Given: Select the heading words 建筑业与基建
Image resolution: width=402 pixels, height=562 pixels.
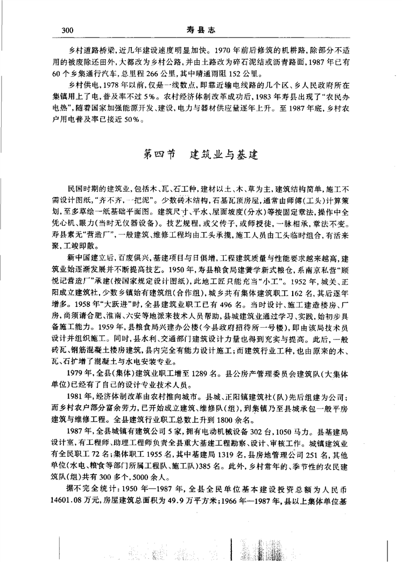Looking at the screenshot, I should pos(224,155).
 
